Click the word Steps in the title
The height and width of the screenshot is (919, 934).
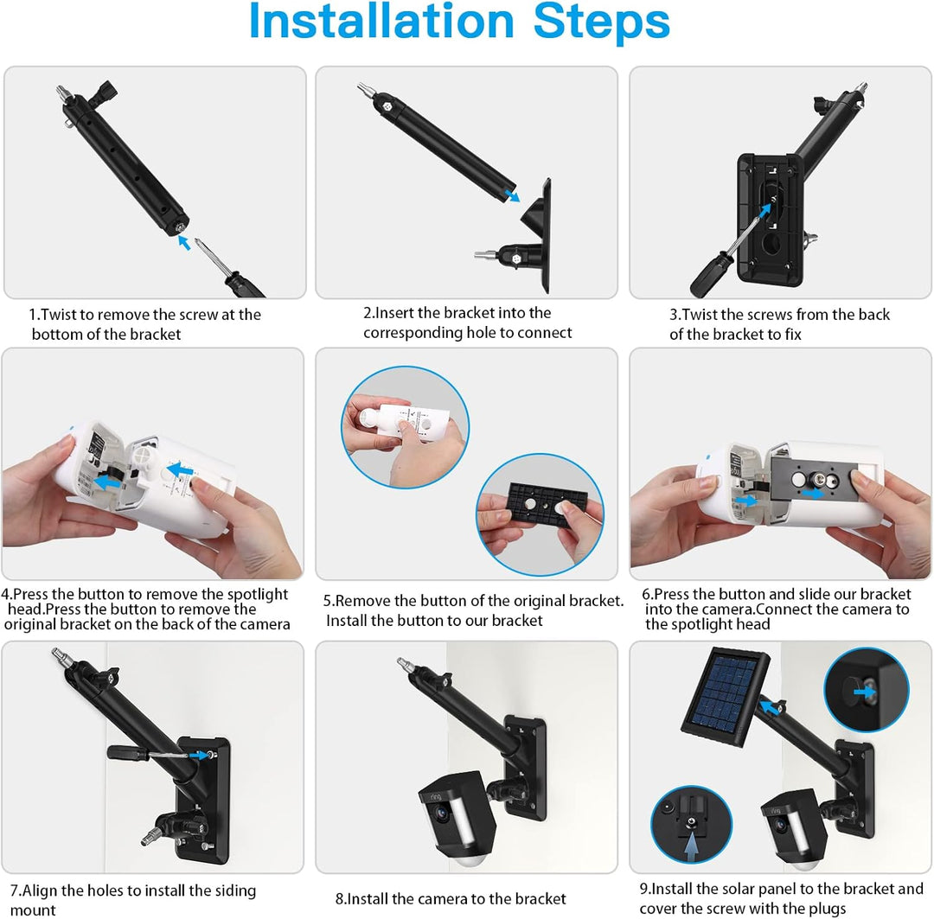coord(601,23)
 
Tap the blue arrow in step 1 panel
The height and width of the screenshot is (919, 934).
coord(184,242)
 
